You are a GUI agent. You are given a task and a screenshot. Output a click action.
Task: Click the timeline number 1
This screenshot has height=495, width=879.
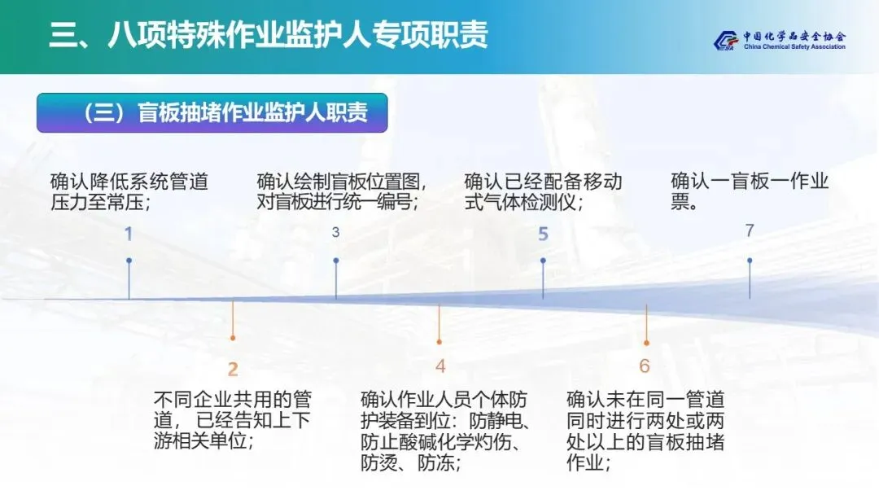click(x=128, y=234)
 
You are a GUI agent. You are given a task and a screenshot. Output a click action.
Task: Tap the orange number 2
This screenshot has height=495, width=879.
click(x=233, y=370)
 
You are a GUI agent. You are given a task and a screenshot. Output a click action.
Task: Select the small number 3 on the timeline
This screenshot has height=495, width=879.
click(x=335, y=233)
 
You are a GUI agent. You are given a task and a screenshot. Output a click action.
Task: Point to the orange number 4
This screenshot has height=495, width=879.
click(x=440, y=366)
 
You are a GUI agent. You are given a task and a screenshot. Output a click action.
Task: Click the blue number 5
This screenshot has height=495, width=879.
click(x=543, y=234)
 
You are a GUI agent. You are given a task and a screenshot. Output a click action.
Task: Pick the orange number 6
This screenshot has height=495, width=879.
click(x=645, y=366)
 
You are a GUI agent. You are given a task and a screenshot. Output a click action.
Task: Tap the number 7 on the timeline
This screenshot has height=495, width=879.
click(x=750, y=230)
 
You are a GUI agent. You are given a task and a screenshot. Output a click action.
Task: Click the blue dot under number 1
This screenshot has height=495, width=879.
click(x=129, y=261)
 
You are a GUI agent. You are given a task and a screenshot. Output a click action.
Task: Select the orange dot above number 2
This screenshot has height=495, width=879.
click(x=233, y=337)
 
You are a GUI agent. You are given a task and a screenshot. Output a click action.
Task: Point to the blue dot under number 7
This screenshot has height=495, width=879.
click(x=750, y=261)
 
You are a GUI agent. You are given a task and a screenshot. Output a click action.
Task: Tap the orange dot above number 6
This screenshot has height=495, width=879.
click(x=646, y=343)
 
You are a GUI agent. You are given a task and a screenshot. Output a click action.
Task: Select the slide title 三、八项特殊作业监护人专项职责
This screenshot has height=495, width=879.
click(x=268, y=37)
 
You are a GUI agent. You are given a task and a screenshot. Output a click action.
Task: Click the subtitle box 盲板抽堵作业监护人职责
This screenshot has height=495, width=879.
click(x=212, y=112)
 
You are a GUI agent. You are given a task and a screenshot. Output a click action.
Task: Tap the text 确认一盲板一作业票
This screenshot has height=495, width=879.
click(x=749, y=191)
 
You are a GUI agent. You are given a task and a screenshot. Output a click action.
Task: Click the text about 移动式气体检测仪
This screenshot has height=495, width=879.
click(x=543, y=191)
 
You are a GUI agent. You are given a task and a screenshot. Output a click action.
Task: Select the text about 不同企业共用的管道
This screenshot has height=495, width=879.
click(x=233, y=421)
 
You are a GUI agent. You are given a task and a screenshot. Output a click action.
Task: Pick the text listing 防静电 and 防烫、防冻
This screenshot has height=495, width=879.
click(x=444, y=431)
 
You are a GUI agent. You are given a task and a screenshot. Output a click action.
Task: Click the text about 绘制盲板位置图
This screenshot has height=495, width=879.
click(x=342, y=191)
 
